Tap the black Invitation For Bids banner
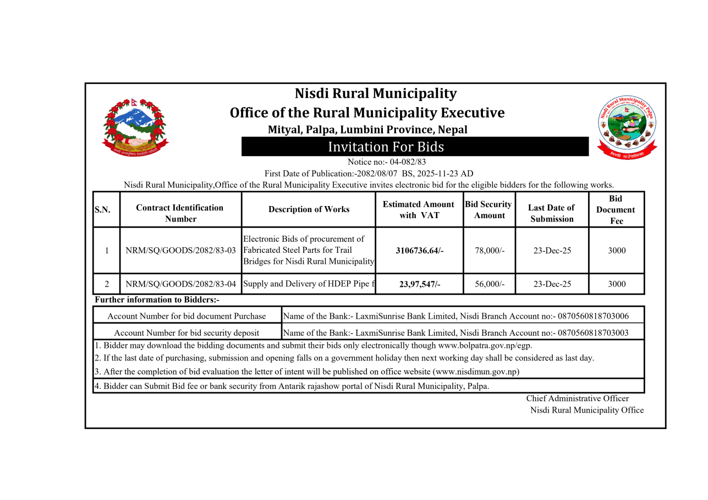tap(415, 147)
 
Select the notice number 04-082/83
tap(408, 162)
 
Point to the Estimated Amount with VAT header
tap(419, 209)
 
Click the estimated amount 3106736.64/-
tap(419, 251)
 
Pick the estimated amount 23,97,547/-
tap(419, 284)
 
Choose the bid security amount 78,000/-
tap(489, 251)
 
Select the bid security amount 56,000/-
tap(489, 284)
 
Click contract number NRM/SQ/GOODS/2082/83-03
tap(180, 251)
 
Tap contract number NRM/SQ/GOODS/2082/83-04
tap(180, 284)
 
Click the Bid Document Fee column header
tap(616, 209)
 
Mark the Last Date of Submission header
tap(551, 213)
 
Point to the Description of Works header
tap(309, 209)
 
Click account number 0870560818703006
tap(593, 316)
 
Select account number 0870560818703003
tap(593, 333)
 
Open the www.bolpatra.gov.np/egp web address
tap(485, 346)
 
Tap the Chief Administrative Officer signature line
tap(577, 399)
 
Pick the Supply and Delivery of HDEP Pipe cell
tap(309, 284)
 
